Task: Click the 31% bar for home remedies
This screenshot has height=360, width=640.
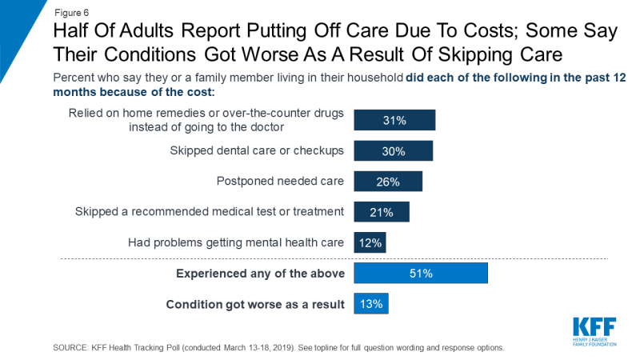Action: [x=394, y=120]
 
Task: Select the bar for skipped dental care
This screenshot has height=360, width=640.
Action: [x=393, y=151]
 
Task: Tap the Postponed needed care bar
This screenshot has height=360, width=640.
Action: [x=388, y=182]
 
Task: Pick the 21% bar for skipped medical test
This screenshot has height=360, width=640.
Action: [x=382, y=212]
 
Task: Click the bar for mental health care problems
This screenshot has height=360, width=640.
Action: [x=370, y=242]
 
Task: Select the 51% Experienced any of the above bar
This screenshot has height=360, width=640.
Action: [x=421, y=274]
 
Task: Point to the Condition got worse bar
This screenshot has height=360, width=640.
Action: [x=371, y=304]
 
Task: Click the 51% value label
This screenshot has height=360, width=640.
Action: [x=421, y=274]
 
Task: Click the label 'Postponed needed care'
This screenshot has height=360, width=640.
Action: [x=280, y=182]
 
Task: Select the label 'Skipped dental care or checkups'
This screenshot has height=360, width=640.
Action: [x=257, y=151]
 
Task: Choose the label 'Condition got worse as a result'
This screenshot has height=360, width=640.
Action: [x=254, y=304]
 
